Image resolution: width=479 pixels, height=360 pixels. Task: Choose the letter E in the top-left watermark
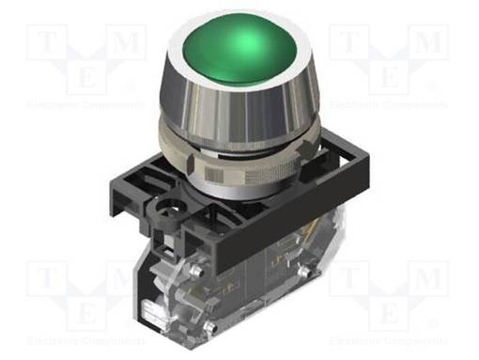click(x=85, y=78)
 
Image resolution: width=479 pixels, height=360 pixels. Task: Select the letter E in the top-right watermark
click(x=391, y=78)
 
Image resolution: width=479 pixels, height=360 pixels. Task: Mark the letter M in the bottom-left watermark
click(x=129, y=279)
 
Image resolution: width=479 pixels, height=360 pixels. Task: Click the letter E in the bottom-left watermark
click(x=85, y=315)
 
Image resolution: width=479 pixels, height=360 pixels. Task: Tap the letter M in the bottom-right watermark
click(x=431, y=279)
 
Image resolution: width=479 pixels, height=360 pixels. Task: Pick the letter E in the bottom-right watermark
click(x=391, y=315)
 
